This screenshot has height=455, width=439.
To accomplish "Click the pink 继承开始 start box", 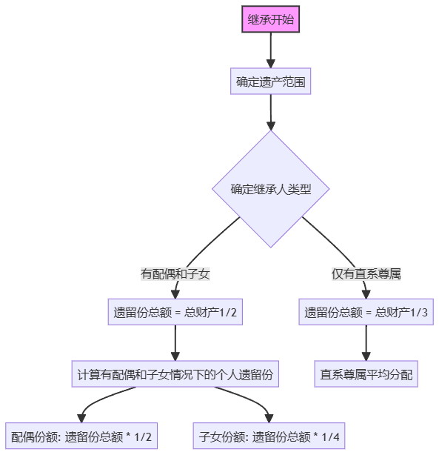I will [x=271, y=20].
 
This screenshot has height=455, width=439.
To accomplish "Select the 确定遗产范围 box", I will [x=270, y=82].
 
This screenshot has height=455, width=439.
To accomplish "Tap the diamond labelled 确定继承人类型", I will [x=270, y=189].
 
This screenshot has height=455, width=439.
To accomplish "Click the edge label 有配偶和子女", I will [x=175, y=273].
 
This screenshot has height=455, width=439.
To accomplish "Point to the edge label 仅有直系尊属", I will [x=366, y=273].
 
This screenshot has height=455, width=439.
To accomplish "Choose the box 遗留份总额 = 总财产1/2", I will [x=175, y=313].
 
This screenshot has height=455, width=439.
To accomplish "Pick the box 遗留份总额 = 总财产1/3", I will [x=366, y=313].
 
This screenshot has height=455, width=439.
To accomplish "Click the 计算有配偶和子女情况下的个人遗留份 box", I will [x=175, y=374].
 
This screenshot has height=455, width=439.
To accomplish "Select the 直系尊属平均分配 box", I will [x=366, y=374].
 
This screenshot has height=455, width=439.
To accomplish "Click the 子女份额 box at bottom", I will [x=269, y=436].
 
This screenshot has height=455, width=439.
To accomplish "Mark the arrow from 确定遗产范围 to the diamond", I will [x=271, y=112].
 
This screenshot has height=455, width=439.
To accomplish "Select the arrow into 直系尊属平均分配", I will [x=366, y=343].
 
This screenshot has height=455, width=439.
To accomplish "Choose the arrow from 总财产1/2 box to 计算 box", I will [x=175, y=343].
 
